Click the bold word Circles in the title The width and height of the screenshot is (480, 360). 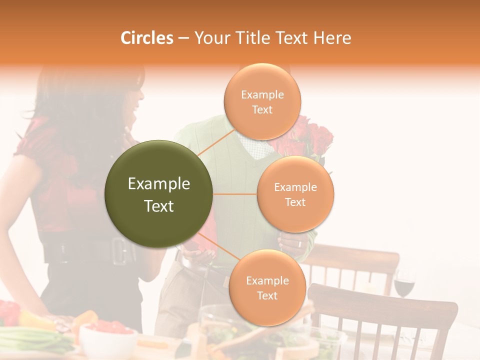146,38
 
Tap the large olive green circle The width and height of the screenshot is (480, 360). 159,194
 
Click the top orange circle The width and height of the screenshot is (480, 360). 262,101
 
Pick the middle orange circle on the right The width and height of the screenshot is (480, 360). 295,194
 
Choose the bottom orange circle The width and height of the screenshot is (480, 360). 267,288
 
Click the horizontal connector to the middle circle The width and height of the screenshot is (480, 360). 235,194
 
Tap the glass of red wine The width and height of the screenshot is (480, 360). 404,285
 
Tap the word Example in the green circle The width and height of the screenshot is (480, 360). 159,184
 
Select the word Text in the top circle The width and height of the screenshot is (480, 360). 262,109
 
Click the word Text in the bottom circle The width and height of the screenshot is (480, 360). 267,295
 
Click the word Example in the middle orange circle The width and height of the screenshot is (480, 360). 295,187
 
